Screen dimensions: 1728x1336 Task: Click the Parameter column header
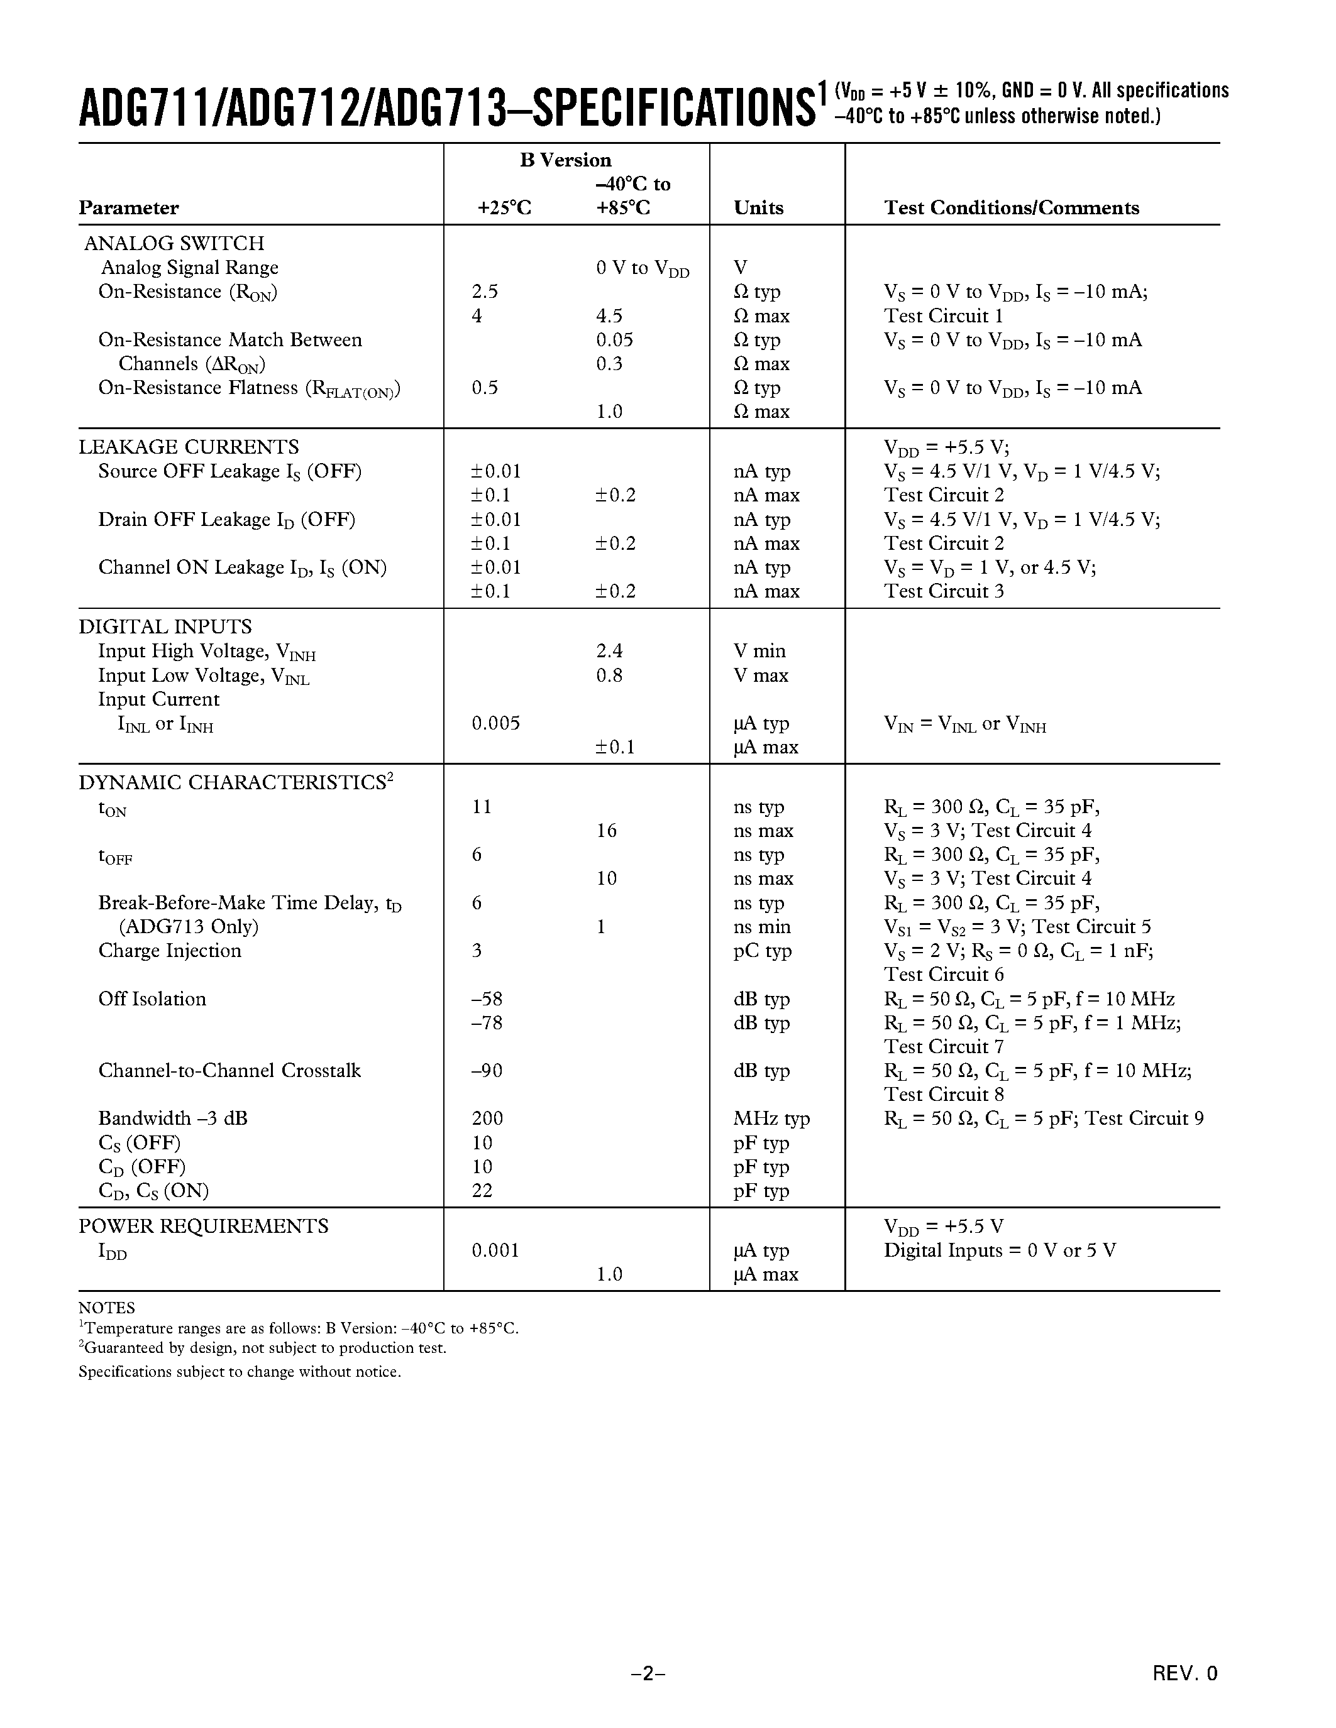pos(128,208)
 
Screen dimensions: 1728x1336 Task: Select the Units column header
pos(758,208)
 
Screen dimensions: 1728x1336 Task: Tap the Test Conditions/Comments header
pos(1012,208)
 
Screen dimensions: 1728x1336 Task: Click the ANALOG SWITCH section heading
pos(174,244)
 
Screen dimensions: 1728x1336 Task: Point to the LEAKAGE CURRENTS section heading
pos(189,447)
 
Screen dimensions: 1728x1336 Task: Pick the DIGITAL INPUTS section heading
pos(165,626)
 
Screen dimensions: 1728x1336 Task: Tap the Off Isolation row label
pos(152,999)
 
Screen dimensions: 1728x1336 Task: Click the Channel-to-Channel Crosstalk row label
pos(229,1071)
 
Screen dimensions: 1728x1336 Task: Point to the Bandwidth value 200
pos(487,1118)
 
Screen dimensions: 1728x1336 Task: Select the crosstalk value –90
pos(487,1071)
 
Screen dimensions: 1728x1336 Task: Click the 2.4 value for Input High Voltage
pos(609,651)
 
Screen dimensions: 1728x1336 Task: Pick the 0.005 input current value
pos(495,723)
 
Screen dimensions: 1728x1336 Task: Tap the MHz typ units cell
pos(771,1118)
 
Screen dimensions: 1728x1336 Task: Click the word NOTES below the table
pos(107,1308)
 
